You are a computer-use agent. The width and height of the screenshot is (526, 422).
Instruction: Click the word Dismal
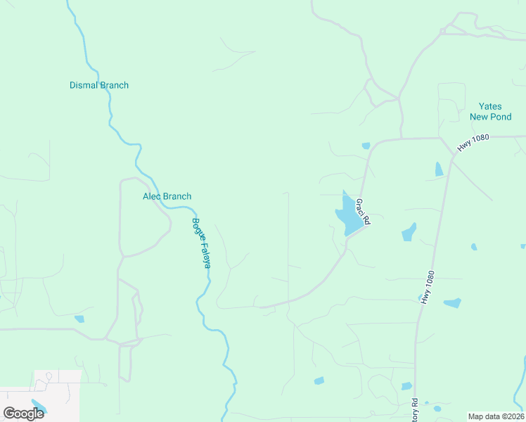point(84,85)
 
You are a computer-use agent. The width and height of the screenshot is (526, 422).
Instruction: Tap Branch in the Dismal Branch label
point(115,85)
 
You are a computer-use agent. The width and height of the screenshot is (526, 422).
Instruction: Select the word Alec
point(153,196)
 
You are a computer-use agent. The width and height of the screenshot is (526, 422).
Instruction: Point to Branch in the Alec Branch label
point(177,196)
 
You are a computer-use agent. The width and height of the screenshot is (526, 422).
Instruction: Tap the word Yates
point(490,106)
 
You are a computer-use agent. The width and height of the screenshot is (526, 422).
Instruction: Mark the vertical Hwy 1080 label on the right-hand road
point(428,288)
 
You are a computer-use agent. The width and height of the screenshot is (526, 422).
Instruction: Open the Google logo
point(23,413)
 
